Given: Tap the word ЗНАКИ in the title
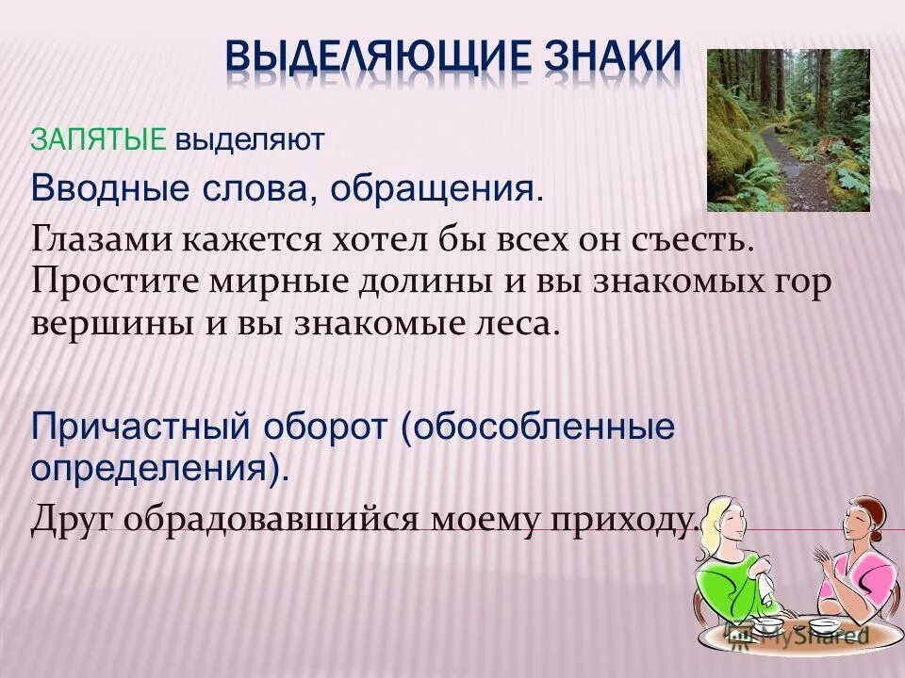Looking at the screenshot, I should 612,56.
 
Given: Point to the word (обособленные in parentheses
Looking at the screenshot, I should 538,427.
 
